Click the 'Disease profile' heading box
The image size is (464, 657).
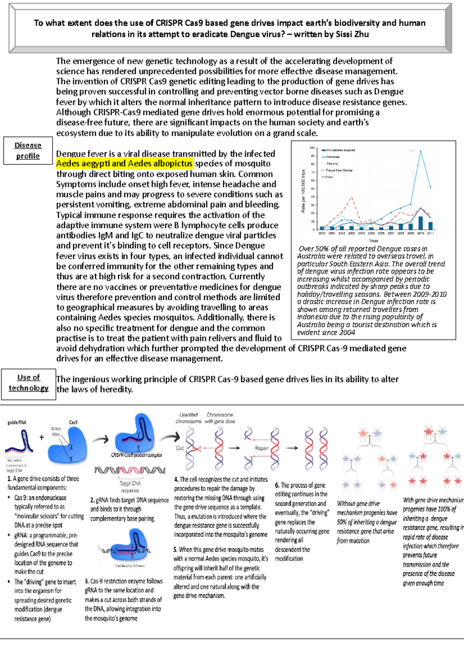tap(28, 151)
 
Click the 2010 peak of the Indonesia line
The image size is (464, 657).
tap(420, 151)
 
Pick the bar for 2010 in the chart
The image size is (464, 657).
tap(421, 223)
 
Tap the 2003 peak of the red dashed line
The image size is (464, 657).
tap(351, 198)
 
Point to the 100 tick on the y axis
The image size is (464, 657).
tap(312, 148)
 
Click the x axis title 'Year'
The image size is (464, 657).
tap(374, 241)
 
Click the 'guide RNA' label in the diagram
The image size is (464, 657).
tap(17, 423)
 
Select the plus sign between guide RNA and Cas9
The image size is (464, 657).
tap(42, 437)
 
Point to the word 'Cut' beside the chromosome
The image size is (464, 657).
tap(180, 448)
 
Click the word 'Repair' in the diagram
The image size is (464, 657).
tap(262, 448)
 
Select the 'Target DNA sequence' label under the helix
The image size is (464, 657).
tap(130, 486)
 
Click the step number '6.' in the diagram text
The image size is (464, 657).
tap(277, 485)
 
